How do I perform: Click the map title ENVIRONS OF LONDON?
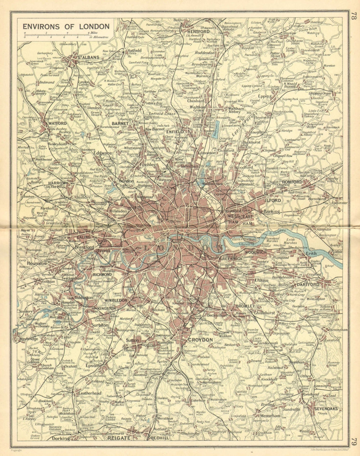pos(66,26)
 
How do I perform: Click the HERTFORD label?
pos(198,31)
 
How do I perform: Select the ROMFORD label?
pos(292,182)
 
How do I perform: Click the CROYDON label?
pos(201,339)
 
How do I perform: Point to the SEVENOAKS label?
pos(325,409)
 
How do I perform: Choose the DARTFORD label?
pos(309,284)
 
